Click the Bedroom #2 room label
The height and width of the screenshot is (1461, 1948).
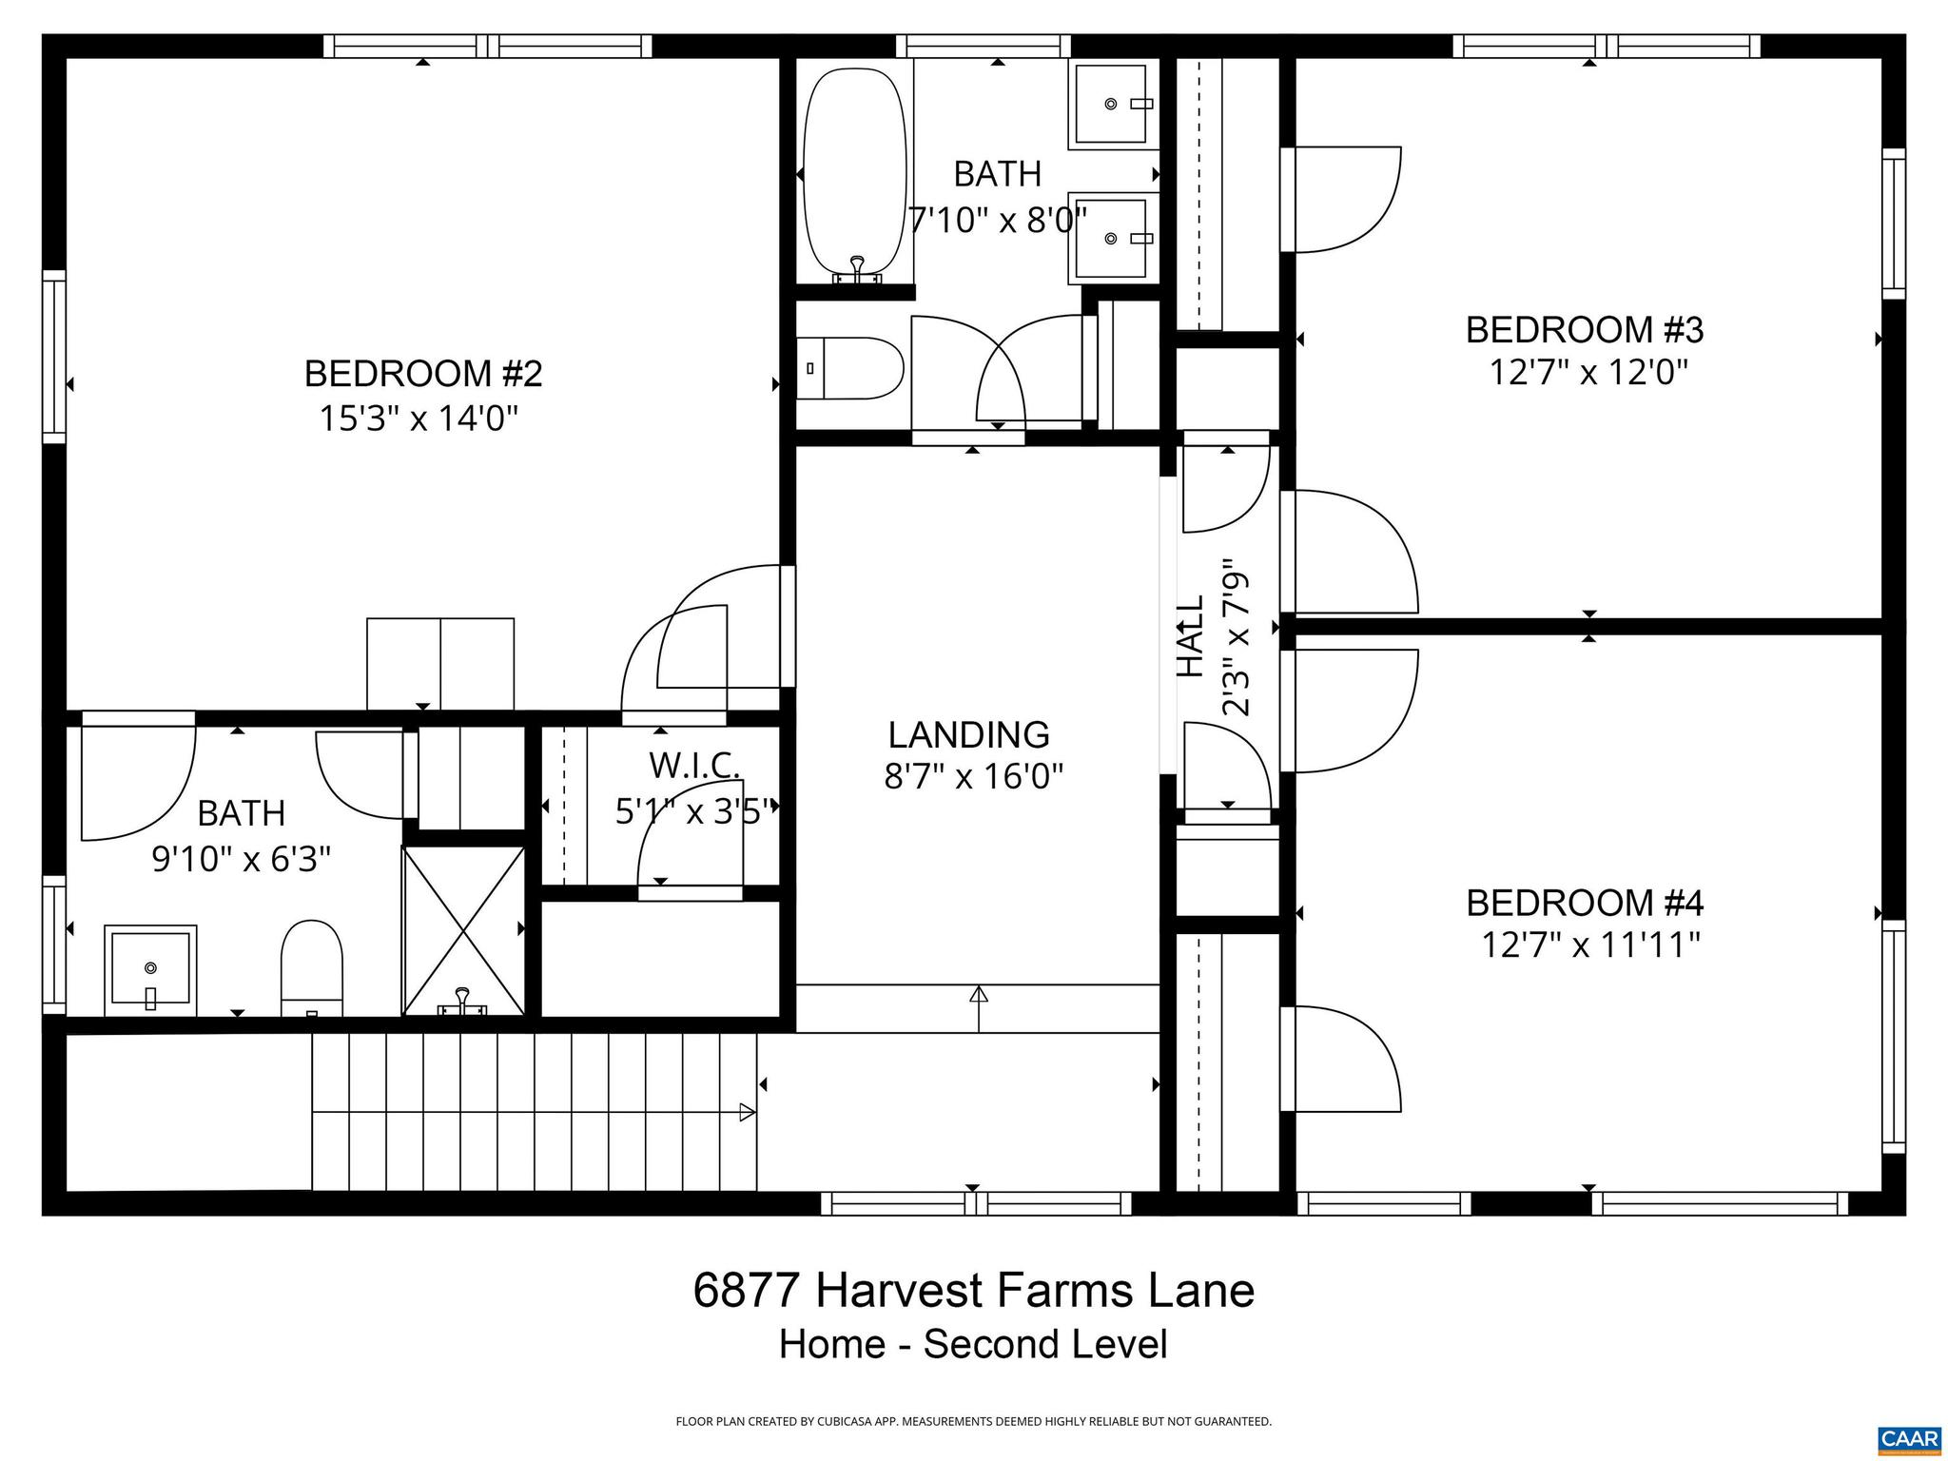point(422,374)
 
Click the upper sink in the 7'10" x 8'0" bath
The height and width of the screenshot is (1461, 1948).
point(1111,104)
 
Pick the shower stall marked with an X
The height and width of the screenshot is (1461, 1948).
point(463,930)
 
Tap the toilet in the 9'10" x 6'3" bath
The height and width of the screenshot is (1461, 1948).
point(311,965)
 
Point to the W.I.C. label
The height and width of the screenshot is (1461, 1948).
point(694,766)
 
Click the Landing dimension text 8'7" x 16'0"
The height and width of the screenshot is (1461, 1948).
point(972,777)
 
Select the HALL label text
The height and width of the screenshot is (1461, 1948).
point(1191,635)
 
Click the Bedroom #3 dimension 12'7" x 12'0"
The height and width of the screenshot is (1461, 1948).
point(1588,372)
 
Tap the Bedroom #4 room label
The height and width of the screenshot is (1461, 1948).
point(1585,902)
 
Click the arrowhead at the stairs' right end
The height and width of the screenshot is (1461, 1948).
point(748,1112)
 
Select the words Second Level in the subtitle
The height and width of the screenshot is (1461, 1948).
point(1044,1345)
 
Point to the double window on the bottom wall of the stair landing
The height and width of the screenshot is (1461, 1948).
point(976,1204)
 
